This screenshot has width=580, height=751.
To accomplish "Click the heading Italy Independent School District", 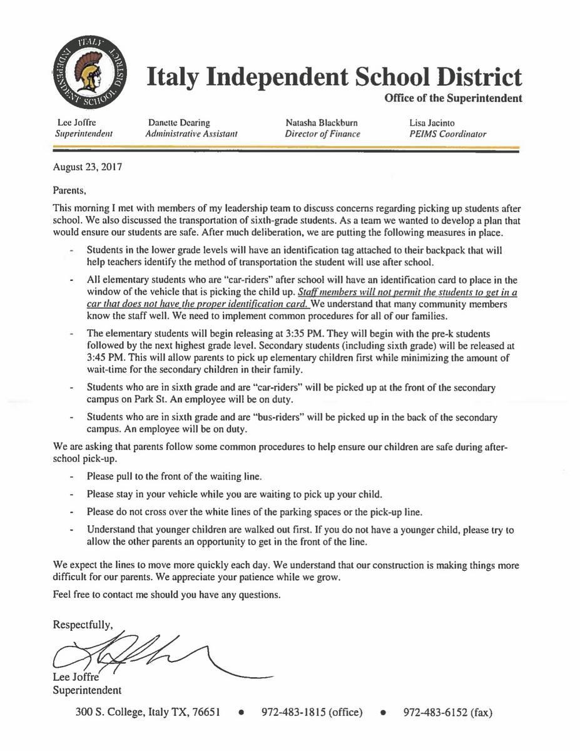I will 333,78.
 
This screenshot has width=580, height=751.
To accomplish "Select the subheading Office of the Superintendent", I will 453,98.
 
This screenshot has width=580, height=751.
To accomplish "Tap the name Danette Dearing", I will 179,123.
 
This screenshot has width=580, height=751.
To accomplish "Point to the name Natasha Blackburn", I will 322,123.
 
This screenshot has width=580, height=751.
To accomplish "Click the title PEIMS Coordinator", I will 447,134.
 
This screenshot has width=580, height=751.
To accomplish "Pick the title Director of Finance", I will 322,134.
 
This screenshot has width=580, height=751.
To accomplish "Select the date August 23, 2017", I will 88,167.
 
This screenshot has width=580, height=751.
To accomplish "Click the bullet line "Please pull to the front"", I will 174,476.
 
